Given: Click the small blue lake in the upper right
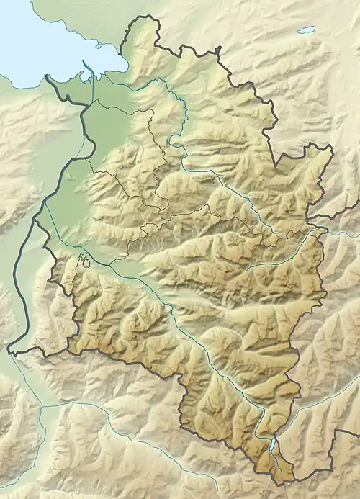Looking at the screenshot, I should coord(307,30).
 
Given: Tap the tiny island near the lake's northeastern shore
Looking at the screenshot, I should coord(99,45).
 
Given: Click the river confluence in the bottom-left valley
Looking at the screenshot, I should coord(41,407).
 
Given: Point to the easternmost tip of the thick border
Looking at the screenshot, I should coord(333,149).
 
